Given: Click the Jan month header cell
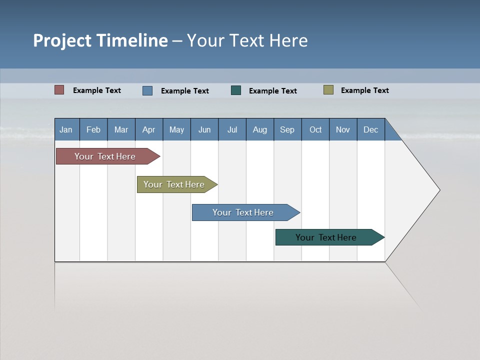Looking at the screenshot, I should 66,129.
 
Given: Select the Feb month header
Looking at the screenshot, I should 93,129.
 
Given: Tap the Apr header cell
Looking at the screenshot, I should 149,129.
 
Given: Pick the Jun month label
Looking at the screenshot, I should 204,129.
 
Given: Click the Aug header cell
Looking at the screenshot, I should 260,129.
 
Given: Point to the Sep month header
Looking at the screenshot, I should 287,129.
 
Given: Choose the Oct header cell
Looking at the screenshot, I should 315,129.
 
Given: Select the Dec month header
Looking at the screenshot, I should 371,129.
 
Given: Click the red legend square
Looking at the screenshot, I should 59,90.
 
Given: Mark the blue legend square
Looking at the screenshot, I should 147,90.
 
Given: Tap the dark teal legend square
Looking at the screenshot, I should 236,90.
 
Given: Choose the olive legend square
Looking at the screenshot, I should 328,90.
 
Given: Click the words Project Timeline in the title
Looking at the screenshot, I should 100,40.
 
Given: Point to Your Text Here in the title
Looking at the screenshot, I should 247,40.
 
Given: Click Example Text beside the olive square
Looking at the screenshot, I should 364,90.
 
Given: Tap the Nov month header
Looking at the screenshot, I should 343,129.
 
